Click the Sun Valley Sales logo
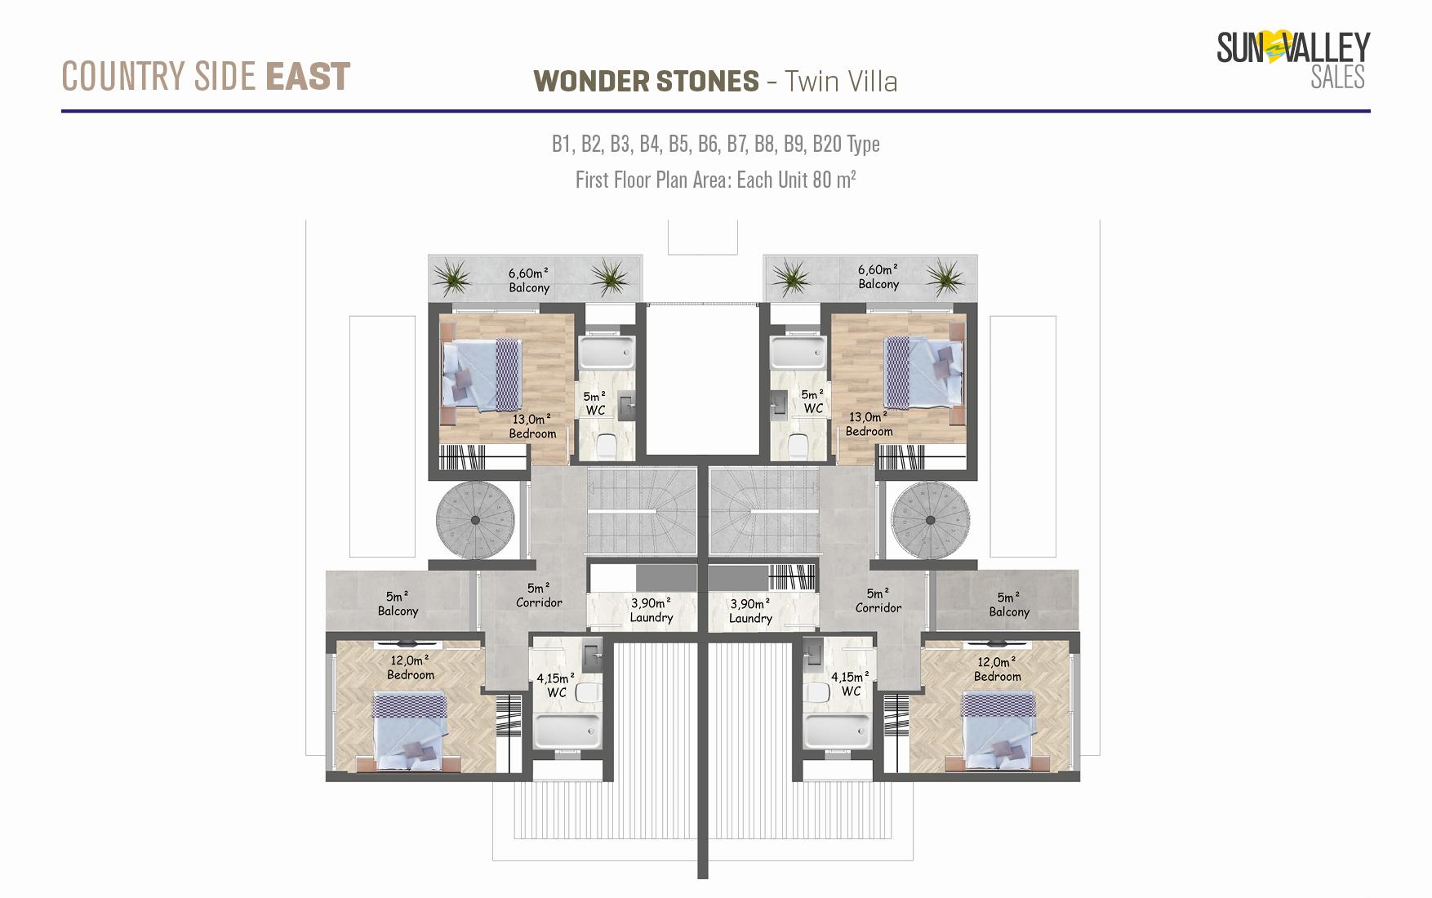point(1293,59)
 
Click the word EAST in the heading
point(308,77)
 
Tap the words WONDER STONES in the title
point(646,82)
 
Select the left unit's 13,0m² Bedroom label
point(532,426)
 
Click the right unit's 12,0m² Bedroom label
point(997,669)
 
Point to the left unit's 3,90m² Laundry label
point(651,611)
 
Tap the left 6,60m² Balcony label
point(529,280)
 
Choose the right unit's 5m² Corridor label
point(878,601)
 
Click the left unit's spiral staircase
point(474,520)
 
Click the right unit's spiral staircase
point(930,520)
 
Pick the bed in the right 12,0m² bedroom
point(998,731)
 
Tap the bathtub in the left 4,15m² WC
point(567,731)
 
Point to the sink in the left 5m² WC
point(626,407)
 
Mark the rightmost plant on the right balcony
point(945,276)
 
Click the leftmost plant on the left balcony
point(451,278)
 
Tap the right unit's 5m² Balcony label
point(1009,605)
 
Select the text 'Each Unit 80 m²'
point(796,180)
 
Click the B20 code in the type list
point(827,144)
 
